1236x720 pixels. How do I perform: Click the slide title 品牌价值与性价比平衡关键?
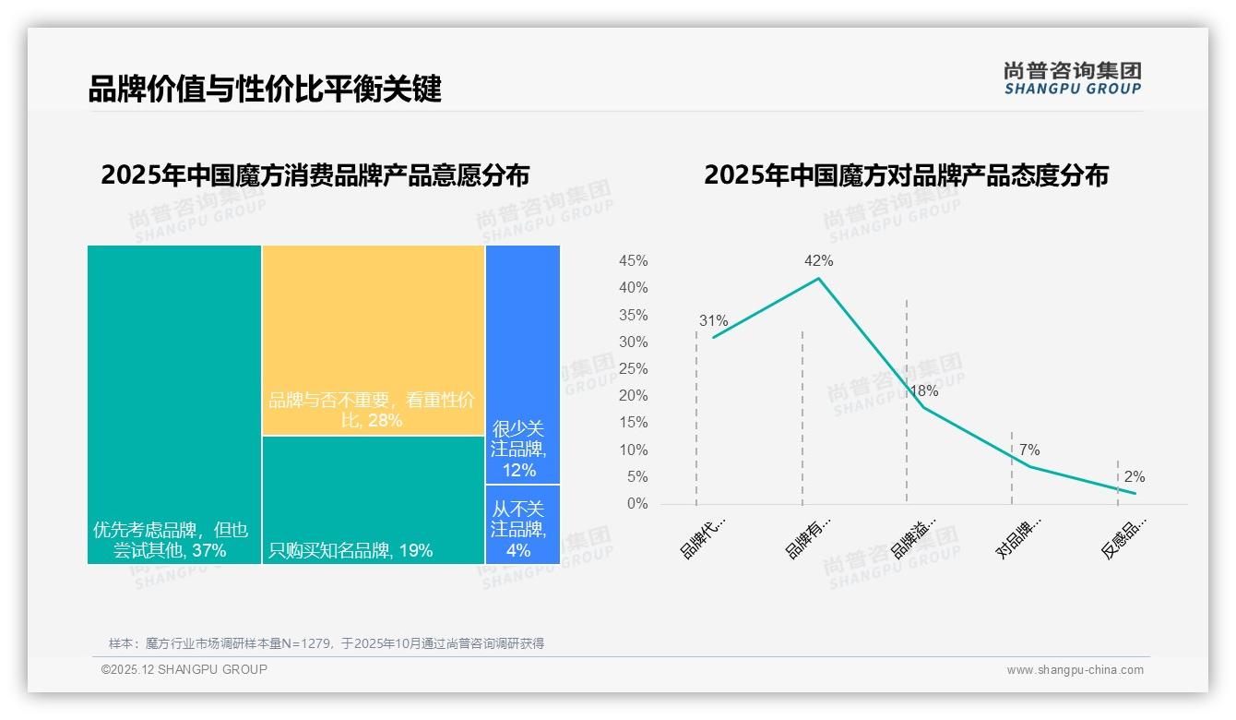point(265,90)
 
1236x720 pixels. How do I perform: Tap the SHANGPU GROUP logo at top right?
point(1073,78)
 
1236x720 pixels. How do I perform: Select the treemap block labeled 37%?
point(174,403)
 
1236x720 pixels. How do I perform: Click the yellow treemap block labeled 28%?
point(373,339)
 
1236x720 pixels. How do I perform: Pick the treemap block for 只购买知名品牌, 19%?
point(373,499)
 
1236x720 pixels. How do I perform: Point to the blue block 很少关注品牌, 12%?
point(522,364)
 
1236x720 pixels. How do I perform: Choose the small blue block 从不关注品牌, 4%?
point(522,524)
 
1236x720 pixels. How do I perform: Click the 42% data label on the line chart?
point(818,261)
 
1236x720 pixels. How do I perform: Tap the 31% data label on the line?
point(713,321)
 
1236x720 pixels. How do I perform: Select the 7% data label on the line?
point(1028,450)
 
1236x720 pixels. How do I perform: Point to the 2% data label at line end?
point(1134,477)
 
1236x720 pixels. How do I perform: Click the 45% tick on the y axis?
point(633,261)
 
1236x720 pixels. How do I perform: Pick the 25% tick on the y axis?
point(633,369)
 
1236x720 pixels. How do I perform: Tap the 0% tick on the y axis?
point(637,504)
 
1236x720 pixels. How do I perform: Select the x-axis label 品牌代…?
point(703,538)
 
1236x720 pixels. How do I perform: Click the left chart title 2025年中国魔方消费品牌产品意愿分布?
point(315,175)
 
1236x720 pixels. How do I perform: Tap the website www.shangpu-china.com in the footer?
point(1075,670)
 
